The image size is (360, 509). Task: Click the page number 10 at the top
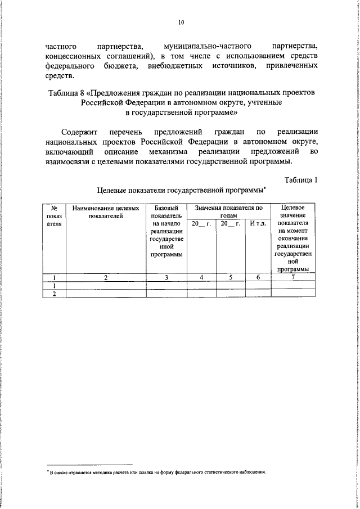[181, 22]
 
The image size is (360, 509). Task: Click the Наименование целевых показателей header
[106, 211]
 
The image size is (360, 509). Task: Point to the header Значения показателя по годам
[229, 211]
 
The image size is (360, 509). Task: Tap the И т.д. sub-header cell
[257, 224]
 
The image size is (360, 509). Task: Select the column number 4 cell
[201, 277]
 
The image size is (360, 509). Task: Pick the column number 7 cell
[292, 277]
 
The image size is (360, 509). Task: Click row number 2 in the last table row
[55, 293]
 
